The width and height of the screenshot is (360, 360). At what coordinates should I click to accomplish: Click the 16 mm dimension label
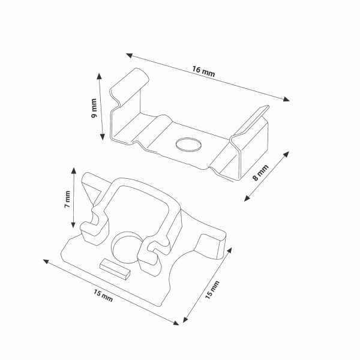203,71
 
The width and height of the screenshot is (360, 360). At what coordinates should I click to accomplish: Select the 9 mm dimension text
94,107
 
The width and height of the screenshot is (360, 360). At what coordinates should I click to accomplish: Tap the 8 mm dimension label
260,173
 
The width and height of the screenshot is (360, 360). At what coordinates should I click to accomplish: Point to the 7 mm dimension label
67,199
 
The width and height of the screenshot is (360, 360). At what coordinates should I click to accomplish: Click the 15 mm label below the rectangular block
103,295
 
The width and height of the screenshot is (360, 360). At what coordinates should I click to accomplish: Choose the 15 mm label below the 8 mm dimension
212,290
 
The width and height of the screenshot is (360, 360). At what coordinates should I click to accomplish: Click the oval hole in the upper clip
188,145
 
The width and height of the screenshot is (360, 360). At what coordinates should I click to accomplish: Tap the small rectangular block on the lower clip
115,269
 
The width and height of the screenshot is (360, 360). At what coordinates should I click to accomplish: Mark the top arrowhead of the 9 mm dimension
99,76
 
